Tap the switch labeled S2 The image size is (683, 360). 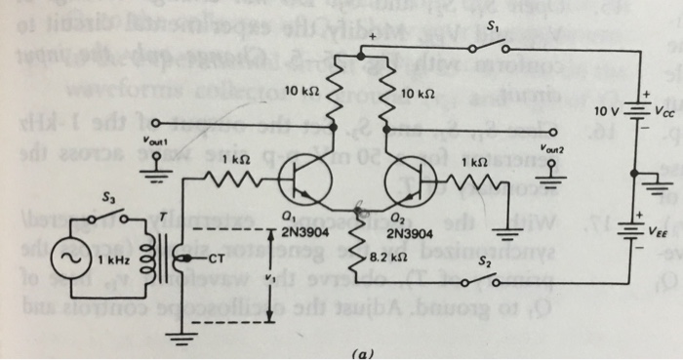tap(483, 279)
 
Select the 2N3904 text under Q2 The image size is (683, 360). tap(409, 234)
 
